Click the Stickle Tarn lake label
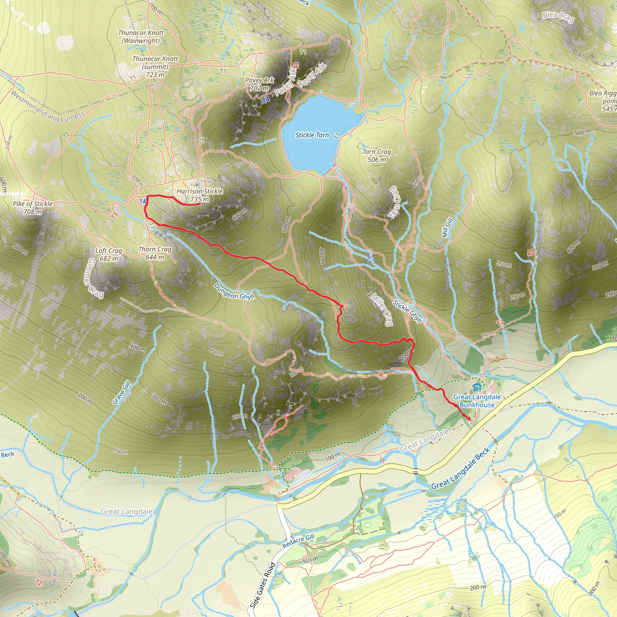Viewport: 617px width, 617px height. coord(312,135)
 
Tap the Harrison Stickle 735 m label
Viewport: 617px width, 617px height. coord(200,195)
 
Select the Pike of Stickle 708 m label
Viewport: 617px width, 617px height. coord(33,208)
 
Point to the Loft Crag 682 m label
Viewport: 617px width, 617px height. coord(108,255)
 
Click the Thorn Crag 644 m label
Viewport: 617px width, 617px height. coord(155,253)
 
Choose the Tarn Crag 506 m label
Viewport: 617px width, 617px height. coord(377,155)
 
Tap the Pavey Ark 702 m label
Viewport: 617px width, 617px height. coord(259,84)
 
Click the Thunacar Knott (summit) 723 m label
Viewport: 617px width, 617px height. coord(155,66)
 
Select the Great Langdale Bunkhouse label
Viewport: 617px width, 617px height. coord(477,401)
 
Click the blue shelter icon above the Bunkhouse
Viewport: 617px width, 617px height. coord(477,388)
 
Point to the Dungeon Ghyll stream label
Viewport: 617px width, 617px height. coord(234,292)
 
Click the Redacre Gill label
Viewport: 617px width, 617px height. coord(298,541)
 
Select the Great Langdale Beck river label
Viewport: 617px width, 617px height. coord(460,469)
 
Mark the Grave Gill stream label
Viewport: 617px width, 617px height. coord(121,393)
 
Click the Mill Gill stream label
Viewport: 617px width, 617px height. coord(447,228)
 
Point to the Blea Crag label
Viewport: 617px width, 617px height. coord(558,17)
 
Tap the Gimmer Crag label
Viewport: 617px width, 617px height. coord(95,277)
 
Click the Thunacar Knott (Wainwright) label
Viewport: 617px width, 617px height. coord(140,36)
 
